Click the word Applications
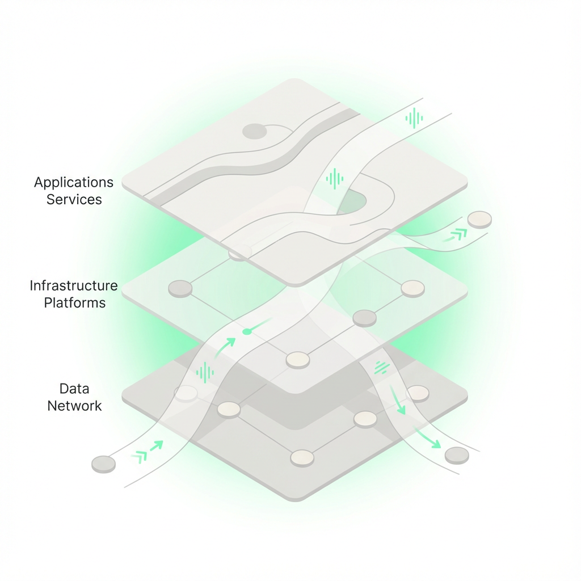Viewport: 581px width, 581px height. coord(74,182)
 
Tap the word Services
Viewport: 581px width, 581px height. coord(74,199)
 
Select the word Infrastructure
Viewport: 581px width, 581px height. coord(74,285)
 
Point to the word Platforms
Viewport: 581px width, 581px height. coord(75,303)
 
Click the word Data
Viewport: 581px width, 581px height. coord(74,389)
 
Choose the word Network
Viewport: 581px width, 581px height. coord(74,406)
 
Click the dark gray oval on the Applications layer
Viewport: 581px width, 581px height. coord(255,131)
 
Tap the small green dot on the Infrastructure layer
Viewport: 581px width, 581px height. coord(247,331)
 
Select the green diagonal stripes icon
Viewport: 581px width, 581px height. coord(382,367)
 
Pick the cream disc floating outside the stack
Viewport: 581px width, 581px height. coord(479,220)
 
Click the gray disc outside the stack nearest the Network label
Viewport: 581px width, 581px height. coord(103,464)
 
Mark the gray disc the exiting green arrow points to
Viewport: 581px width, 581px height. coord(457,456)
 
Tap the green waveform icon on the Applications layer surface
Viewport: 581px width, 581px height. coord(335,179)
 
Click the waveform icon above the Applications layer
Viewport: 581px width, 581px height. coord(414,118)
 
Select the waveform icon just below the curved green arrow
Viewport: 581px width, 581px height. coord(205,372)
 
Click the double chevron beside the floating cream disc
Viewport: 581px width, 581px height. coord(455,235)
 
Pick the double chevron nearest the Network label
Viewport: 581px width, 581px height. coord(147,452)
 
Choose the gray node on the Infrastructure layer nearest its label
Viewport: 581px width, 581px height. coord(180,289)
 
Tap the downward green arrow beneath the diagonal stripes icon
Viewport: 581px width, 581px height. coord(397,400)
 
